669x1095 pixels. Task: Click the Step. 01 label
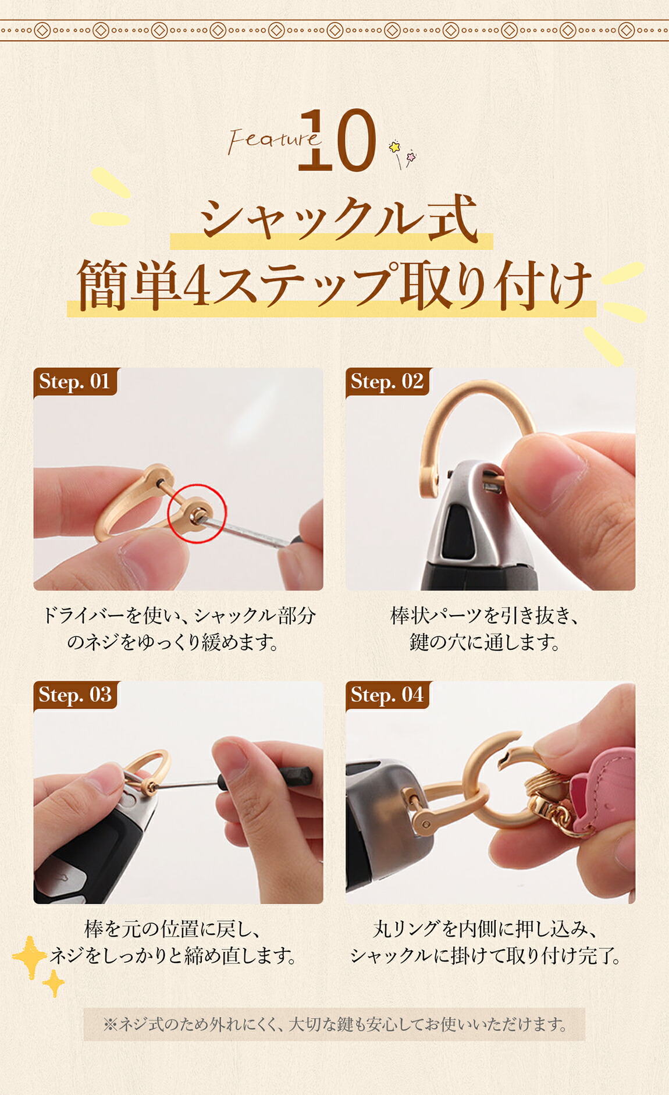tap(74, 382)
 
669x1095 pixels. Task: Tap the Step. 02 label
tap(387, 382)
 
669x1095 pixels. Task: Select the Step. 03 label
tap(75, 695)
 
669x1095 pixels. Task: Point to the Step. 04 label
tap(387, 695)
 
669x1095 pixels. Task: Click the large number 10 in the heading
tap(337, 140)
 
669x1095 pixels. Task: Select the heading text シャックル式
tap(338, 218)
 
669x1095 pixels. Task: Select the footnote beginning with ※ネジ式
tap(334, 1024)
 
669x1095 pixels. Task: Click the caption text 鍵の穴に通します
tap(485, 642)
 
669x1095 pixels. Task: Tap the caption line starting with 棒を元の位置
tap(172, 929)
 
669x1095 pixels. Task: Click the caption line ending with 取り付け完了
tap(486, 955)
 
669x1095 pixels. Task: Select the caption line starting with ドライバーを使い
tap(179, 616)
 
